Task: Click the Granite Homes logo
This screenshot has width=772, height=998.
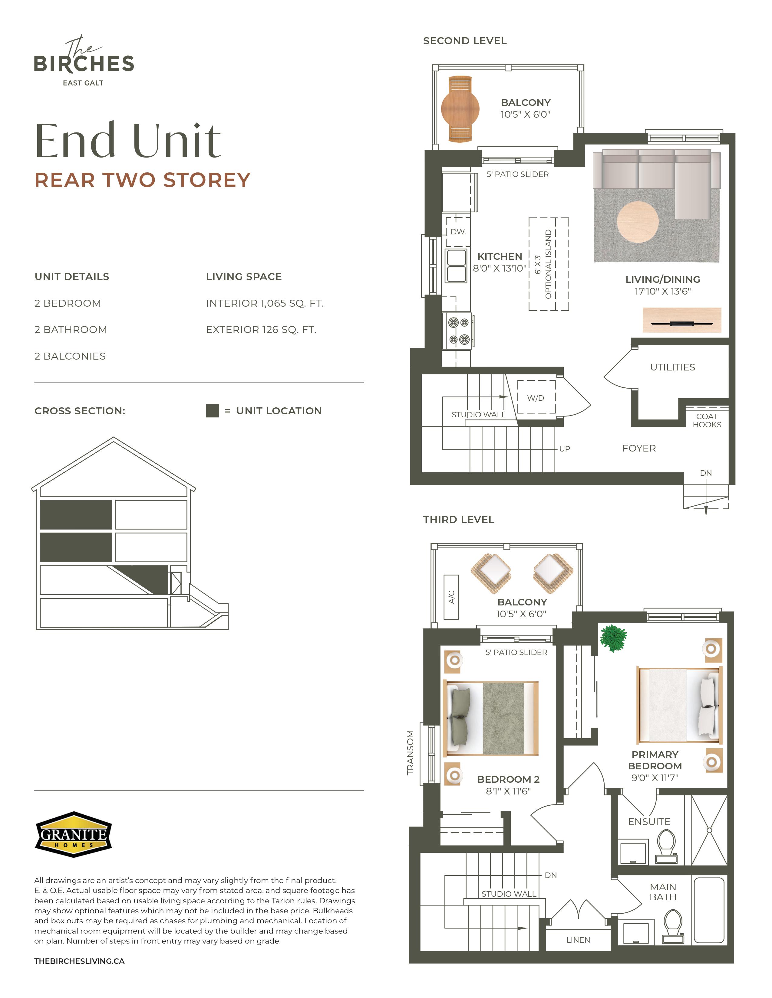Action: [74, 834]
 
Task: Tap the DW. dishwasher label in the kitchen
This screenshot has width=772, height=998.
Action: [458, 232]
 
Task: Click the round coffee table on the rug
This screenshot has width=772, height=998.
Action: [638, 222]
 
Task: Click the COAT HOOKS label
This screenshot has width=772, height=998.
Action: [707, 420]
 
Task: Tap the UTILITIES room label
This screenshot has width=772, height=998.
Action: [672, 367]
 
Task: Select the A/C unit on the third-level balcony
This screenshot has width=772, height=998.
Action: [451, 597]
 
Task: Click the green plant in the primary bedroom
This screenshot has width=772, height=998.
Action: [613, 638]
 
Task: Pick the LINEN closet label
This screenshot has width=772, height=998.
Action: [578, 940]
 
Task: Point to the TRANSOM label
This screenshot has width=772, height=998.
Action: [410, 753]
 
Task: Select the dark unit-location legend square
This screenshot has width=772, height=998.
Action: [212, 410]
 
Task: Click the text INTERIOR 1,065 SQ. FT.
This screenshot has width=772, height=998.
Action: [265, 303]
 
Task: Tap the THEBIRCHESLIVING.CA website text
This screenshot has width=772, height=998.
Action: [79, 961]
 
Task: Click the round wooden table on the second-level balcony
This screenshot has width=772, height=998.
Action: [460, 109]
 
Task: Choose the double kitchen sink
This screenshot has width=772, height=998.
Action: [457, 266]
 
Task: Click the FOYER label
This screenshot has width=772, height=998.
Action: [639, 448]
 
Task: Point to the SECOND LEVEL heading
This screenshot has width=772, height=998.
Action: [465, 41]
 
